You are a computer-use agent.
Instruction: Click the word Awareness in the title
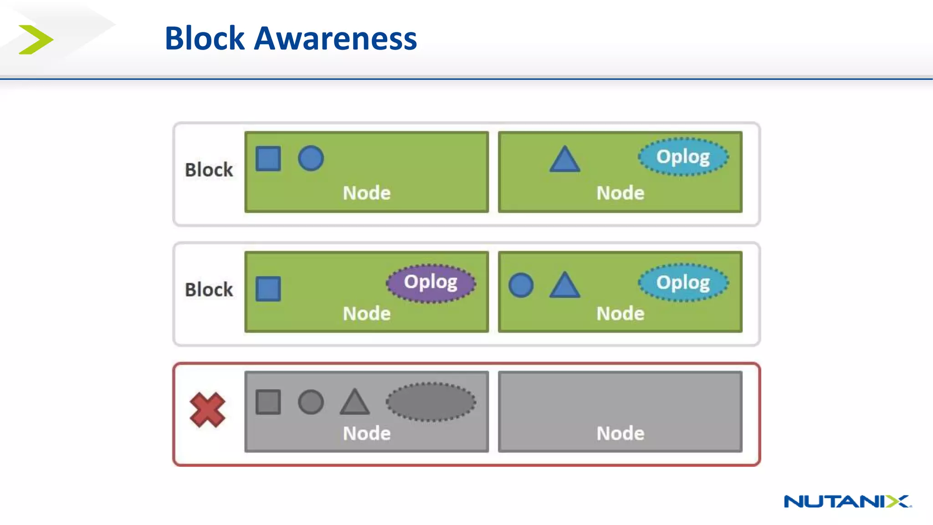[335, 39]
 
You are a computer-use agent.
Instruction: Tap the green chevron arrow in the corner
[36, 40]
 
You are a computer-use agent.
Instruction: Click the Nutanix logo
[847, 501]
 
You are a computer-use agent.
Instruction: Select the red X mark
[207, 410]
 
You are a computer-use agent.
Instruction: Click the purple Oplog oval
[431, 283]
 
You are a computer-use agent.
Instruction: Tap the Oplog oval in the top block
[682, 157]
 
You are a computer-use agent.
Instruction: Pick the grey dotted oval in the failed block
[431, 402]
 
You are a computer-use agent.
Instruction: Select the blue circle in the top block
[311, 159]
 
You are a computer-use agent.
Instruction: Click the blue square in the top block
[268, 159]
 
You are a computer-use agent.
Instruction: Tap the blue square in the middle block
[268, 288]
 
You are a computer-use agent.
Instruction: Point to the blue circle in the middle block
[521, 285]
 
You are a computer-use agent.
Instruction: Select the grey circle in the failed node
[311, 402]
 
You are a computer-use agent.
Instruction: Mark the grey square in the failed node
[268, 402]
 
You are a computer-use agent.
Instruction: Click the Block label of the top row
[209, 170]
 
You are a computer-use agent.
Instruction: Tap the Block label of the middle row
[209, 290]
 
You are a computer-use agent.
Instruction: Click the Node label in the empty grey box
[620, 433]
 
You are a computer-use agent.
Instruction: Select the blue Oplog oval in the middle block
[682, 283]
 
